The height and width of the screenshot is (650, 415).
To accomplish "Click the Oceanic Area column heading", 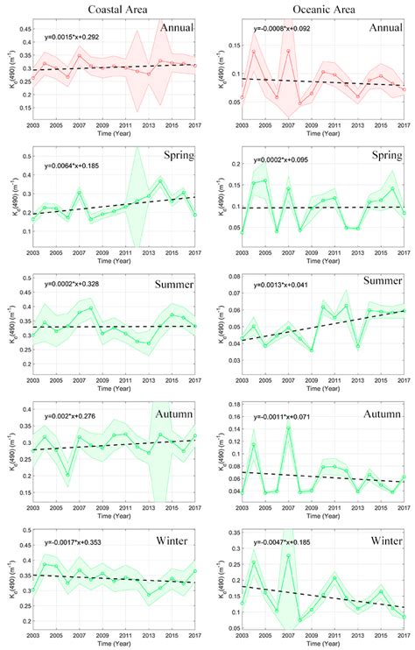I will [x=319, y=10].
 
